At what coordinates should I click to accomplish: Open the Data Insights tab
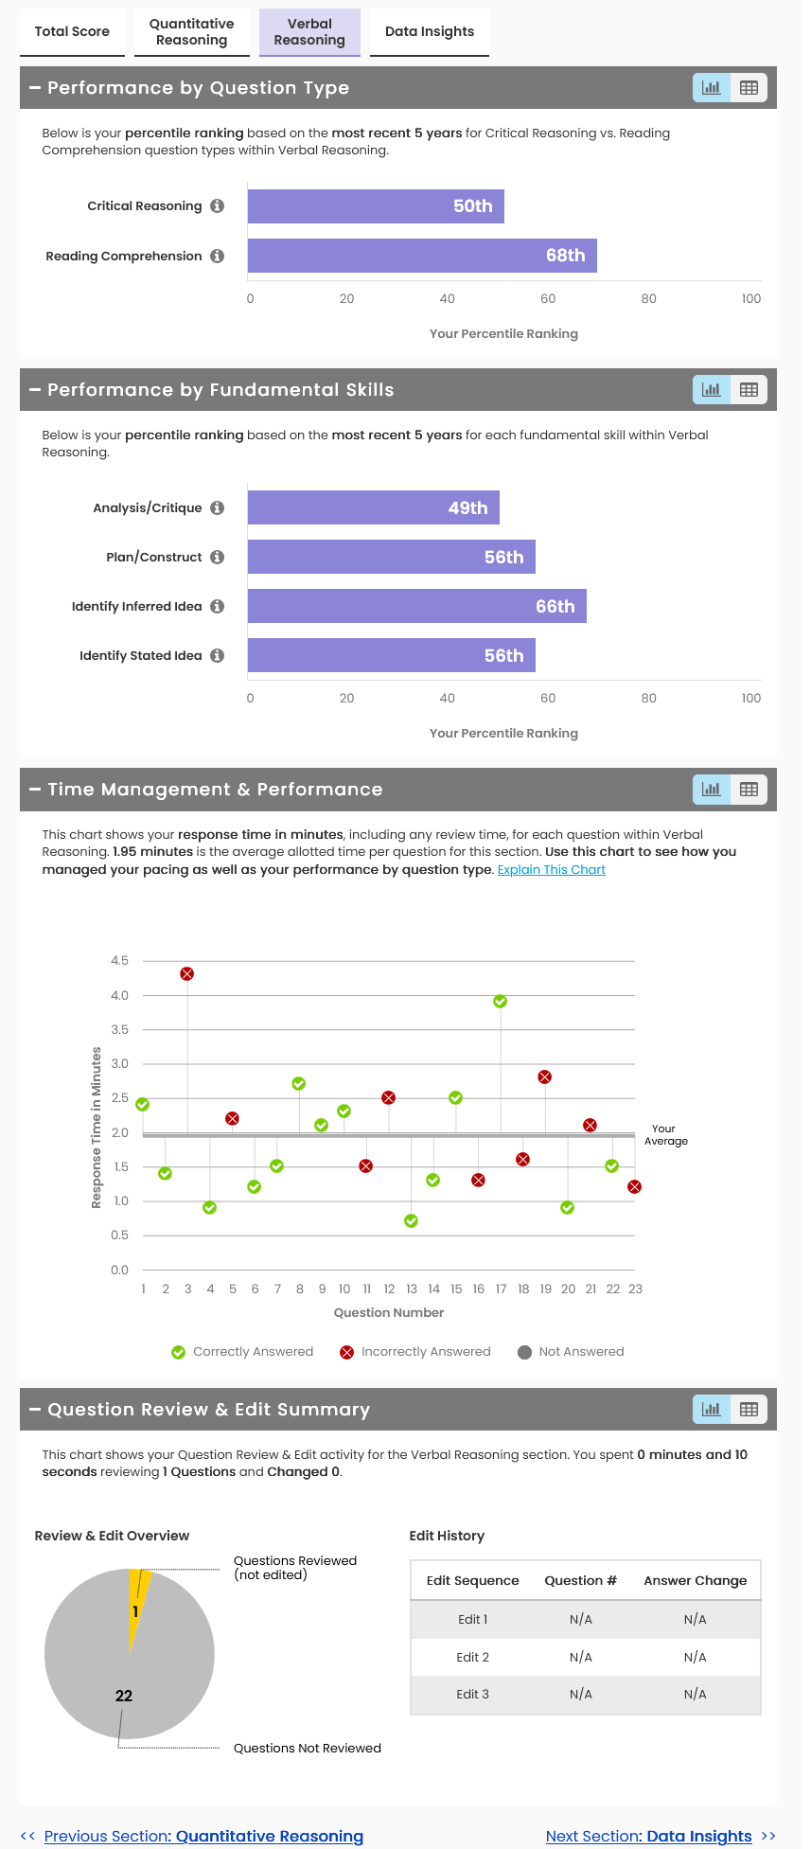tap(429, 31)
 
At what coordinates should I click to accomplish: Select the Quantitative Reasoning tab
tap(191, 31)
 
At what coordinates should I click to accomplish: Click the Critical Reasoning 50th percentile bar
tap(376, 206)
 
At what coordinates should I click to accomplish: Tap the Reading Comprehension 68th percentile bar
tap(422, 256)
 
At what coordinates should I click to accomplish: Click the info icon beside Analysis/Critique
tap(218, 508)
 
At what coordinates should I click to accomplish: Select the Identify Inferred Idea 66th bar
tap(416, 606)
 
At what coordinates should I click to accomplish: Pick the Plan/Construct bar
tap(391, 557)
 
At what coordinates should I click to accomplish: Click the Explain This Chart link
tap(551, 870)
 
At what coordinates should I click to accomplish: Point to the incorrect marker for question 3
tap(187, 974)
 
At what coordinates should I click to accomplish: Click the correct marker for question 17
tap(501, 1002)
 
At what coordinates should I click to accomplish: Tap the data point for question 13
tap(411, 1221)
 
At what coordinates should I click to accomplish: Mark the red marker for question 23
tap(635, 1187)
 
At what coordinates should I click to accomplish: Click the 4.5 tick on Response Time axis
tap(119, 961)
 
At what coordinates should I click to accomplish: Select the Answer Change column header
tap(695, 1580)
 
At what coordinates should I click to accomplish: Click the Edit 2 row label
tap(472, 1657)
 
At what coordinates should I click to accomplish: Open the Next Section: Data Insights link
tap(649, 1836)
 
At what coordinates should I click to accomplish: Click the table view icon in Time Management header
tap(749, 790)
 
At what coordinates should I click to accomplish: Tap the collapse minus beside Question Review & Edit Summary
tap(35, 1410)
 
